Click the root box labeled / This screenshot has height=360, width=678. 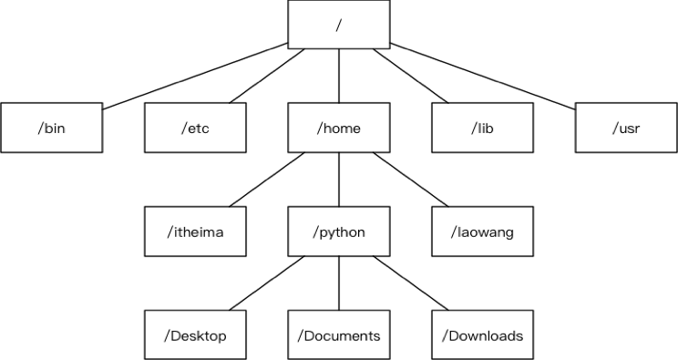pyautogui.click(x=339, y=25)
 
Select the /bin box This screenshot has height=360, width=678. pyautogui.click(x=52, y=128)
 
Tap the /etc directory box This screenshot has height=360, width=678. pyautogui.click(x=195, y=128)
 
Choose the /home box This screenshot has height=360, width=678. pyautogui.click(x=339, y=128)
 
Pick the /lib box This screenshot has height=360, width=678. pyautogui.click(x=482, y=128)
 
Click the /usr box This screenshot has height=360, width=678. pyautogui.click(x=626, y=128)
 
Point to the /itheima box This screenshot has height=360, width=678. pyautogui.click(x=195, y=231)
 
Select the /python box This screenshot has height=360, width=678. pyautogui.click(x=339, y=231)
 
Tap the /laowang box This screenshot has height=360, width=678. pyautogui.click(x=482, y=231)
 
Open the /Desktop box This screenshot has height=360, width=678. pyautogui.click(x=195, y=335)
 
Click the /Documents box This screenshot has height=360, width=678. pyautogui.click(x=339, y=335)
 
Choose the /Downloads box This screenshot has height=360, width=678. pyautogui.click(x=482, y=335)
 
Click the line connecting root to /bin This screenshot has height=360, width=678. pyautogui.click(x=195, y=76)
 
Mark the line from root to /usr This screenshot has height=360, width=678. pyautogui.click(x=483, y=76)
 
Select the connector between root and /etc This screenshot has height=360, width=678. pyautogui.click(x=267, y=77)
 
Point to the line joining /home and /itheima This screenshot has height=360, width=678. pyautogui.click(x=267, y=180)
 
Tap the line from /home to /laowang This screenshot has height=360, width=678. pyautogui.click(x=411, y=180)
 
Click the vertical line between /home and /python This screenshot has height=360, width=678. pyautogui.click(x=339, y=180)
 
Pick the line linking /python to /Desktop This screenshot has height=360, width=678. pyautogui.click(x=267, y=283)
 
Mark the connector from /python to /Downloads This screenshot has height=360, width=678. pyautogui.click(x=411, y=283)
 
